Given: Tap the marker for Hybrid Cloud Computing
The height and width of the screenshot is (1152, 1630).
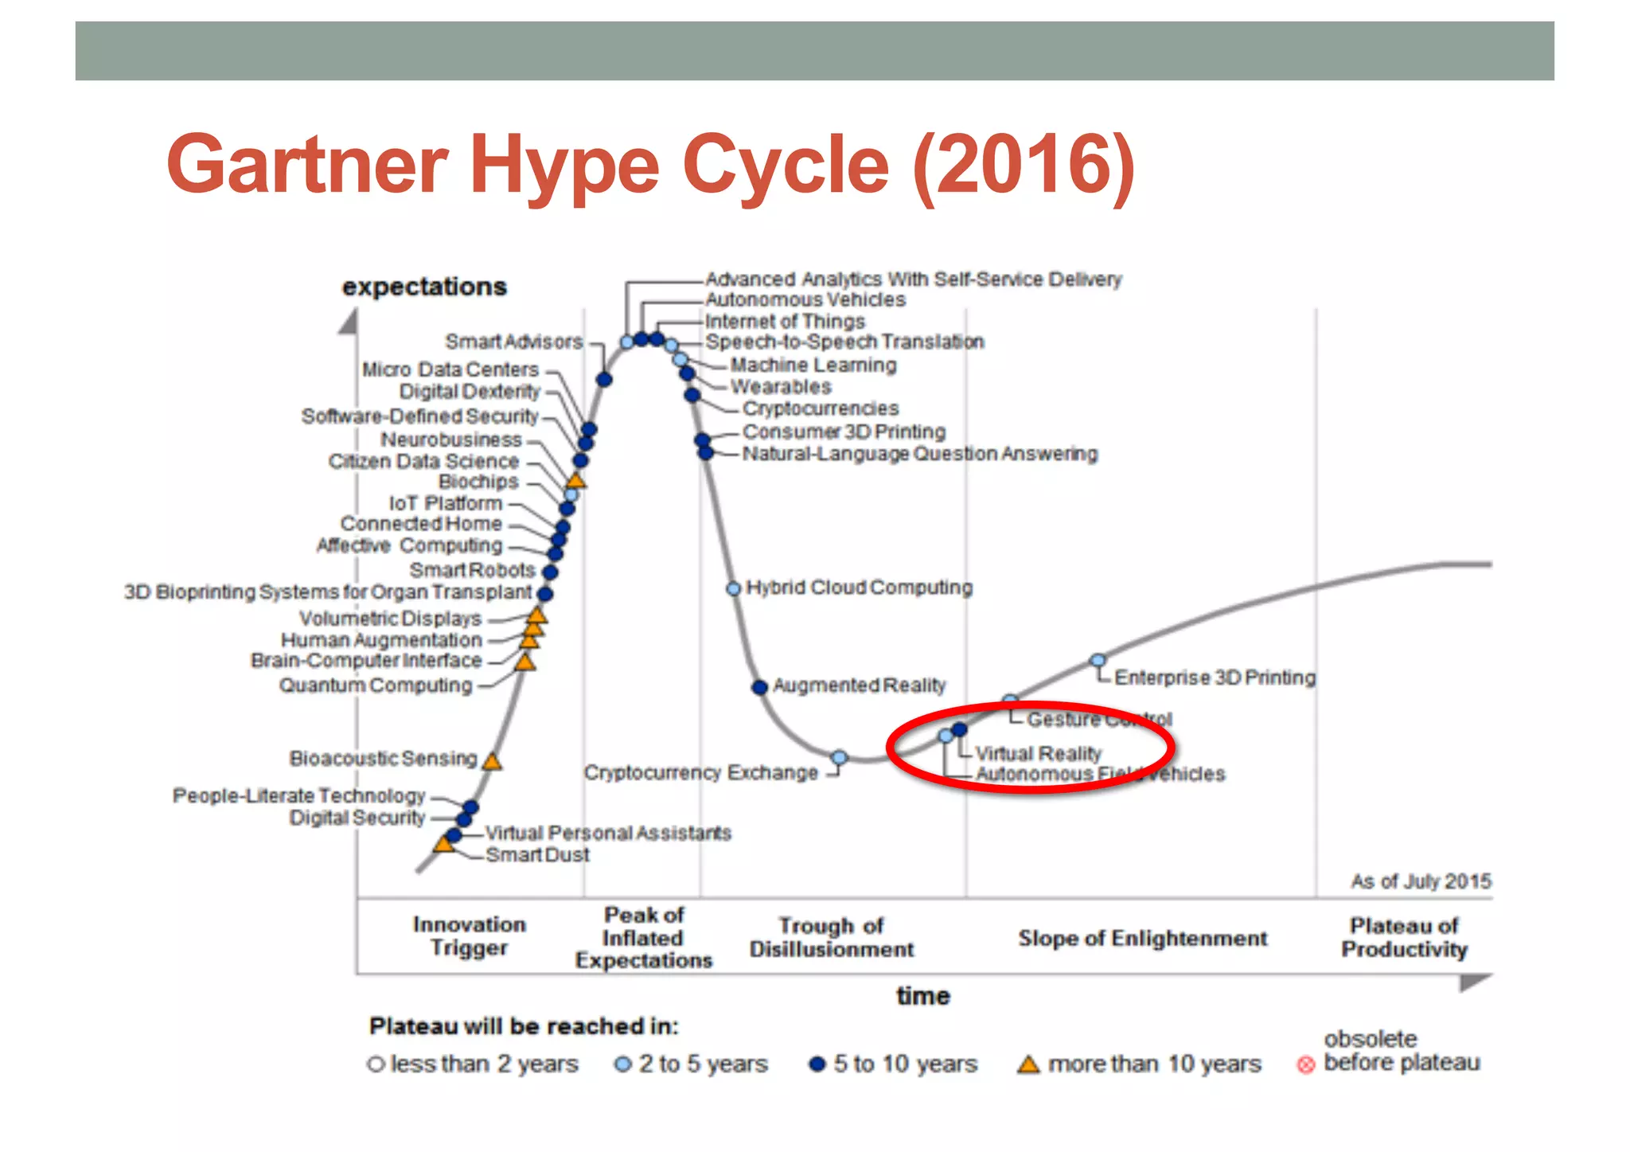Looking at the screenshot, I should pos(734,588).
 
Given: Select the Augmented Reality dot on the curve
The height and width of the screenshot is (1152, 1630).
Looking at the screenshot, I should pos(760,686).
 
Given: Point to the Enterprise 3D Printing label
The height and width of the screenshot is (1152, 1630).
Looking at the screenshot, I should pos(1215,678).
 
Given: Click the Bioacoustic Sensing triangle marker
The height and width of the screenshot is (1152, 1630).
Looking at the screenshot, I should pos(493,762).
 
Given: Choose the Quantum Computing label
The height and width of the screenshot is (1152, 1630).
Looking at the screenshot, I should pos(376,685).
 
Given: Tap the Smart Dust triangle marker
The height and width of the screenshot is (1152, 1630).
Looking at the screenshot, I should pos(443,844).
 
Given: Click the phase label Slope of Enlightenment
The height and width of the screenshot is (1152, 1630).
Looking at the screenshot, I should pos(1142,938).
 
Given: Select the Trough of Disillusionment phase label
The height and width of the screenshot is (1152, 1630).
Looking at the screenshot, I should pos(832,937).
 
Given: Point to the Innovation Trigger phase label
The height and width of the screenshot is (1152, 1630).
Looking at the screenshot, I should pos(470,935).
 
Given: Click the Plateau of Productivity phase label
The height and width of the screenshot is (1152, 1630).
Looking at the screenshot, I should pos(1404,937).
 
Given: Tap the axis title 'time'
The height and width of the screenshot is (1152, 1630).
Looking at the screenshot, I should pos(923,996).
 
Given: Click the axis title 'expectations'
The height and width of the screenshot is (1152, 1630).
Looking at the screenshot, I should pos(424,287).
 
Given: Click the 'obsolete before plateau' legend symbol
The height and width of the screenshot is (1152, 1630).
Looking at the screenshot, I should pos(1305,1064).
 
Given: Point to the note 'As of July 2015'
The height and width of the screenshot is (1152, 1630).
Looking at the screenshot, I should pos(1421,881).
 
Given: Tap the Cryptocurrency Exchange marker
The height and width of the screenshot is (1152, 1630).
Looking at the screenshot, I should pos(840,757).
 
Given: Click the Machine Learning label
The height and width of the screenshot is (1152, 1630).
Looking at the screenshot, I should pos(813,365).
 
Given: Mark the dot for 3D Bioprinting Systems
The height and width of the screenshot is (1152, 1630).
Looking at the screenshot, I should pos(545,593).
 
